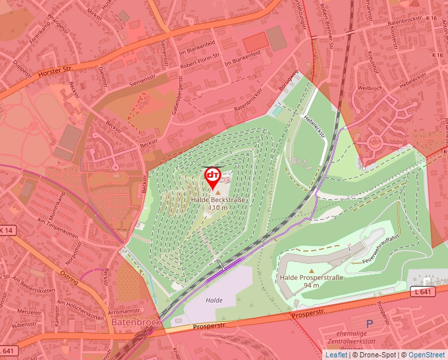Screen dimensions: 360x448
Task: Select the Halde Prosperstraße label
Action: [312, 278]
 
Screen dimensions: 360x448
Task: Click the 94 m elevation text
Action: [312, 286]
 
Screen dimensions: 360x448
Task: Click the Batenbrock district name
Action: [136, 322]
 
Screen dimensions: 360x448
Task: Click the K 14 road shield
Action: [7, 230]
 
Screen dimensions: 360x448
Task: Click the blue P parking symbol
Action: [369, 323]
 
